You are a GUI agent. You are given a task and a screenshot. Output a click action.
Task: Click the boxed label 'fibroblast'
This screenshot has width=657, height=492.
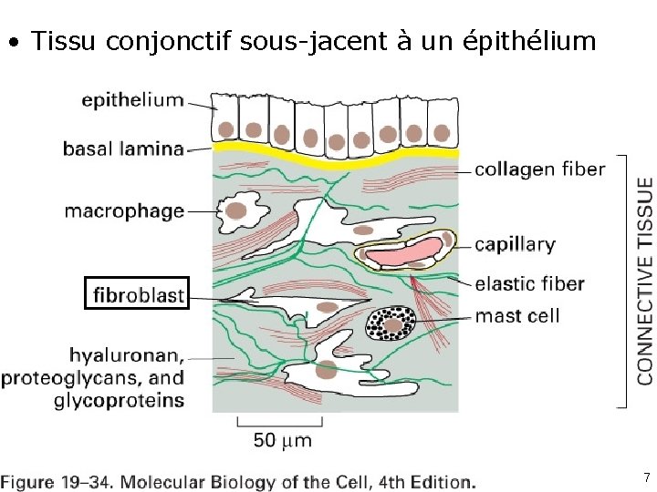click(137, 294)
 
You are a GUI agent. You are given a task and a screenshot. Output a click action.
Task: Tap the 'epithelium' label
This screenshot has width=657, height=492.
click(132, 100)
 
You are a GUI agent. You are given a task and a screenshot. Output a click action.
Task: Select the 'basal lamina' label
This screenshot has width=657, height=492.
click(122, 148)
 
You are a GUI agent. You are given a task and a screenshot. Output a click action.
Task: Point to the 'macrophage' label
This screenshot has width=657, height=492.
click(124, 211)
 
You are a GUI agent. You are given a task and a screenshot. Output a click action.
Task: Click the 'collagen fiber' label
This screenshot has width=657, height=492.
click(540, 169)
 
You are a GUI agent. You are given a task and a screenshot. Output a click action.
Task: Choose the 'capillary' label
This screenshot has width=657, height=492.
click(515, 244)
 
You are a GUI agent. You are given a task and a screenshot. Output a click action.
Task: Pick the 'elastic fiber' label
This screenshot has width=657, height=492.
click(530, 284)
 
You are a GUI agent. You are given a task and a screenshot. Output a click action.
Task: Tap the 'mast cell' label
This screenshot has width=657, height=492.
click(517, 316)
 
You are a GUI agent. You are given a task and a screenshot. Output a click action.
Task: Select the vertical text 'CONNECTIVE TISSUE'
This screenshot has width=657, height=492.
click(644, 281)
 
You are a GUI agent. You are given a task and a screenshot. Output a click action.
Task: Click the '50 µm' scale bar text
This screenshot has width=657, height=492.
click(282, 440)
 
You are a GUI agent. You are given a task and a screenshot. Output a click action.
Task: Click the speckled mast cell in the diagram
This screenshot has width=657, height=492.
click(391, 323)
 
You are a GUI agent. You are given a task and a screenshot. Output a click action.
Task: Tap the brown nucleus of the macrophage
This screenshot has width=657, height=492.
click(236, 211)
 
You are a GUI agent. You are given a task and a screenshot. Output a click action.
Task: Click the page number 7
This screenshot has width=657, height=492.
click(646, 477)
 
